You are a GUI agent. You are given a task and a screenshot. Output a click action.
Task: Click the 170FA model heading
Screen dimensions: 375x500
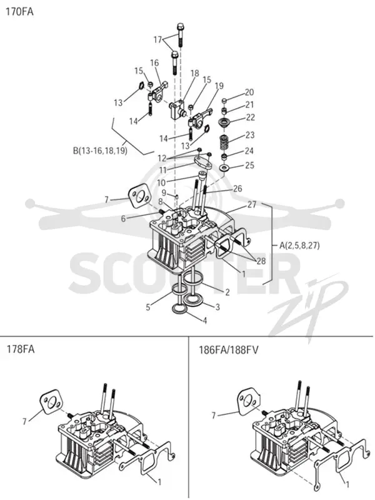(x=19, y=12)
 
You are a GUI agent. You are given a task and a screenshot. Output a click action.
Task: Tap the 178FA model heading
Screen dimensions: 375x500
(x=21, y=349)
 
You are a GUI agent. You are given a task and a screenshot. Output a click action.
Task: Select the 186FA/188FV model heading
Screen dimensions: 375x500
(x=229, y=350)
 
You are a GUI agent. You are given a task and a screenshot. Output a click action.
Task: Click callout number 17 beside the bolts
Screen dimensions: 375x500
(x=157, y=39)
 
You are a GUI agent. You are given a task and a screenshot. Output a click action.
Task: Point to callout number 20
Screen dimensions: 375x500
(x=249, y=92)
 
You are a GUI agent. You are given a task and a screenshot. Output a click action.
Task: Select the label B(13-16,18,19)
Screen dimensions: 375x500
(x=101, y=151)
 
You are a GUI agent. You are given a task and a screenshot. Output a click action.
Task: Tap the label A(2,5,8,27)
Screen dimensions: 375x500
(x=299, y=246)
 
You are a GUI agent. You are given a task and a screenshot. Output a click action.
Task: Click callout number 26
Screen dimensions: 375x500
(x=237, y=189)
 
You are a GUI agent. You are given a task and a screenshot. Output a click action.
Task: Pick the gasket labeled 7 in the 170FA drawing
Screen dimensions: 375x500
(x=139, y=196)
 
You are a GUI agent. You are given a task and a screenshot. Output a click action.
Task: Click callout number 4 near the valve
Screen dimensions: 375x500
(x=205, y=321)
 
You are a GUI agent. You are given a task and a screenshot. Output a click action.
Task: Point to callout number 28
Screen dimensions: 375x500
(x=261, y=261)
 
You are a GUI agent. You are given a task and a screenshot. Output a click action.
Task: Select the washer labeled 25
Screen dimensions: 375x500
(x=224, y=167)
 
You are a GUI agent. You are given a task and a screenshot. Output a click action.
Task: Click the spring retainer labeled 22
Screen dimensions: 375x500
(x=225, y=122)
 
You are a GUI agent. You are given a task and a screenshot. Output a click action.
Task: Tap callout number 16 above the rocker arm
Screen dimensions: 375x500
(x=154, y=63)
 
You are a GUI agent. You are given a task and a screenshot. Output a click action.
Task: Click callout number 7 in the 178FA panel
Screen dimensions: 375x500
(x=24, y=421)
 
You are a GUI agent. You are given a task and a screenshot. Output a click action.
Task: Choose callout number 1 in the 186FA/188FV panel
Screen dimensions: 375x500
(x=347, y=484)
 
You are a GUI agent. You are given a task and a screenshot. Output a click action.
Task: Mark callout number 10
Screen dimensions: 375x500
(x=161, y=182)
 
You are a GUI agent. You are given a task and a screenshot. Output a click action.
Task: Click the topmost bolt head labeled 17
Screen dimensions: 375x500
(x=181, y=26)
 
